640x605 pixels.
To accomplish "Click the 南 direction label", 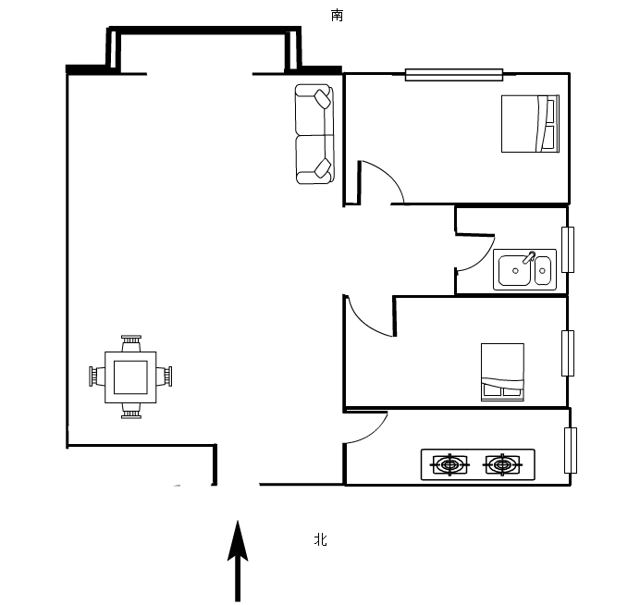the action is (x=337, y=16).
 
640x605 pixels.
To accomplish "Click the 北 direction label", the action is (x=320, y=539).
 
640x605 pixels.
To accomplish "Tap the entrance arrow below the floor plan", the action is (x=238, y=562).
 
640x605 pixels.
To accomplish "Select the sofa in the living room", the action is (x=314, y=134).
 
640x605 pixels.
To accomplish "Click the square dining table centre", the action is (x=130, y=377).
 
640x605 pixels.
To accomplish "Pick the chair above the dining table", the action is (x=131, y=343).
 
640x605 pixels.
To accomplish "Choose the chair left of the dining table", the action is (x=97, y=376).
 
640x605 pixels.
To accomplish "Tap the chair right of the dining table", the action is (x=164, y=376).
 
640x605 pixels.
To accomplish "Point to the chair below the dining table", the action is (x=131, y=411).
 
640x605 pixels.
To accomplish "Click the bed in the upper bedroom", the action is (x=530, y=124).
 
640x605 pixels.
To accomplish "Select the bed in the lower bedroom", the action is (x=502, y=372).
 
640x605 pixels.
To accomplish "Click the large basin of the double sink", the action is (x=515, y=270).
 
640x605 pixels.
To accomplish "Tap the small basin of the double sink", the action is (x=543, y=270).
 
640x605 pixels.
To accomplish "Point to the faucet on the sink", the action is (x=529, y=257).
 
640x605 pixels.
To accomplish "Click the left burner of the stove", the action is (x=449, y=464).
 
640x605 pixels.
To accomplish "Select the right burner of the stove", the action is (x=502, y=464).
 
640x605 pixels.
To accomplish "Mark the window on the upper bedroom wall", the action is (x=454, y=75).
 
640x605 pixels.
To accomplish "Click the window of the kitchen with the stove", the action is (x=571, y=451).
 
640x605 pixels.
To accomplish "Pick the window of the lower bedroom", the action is (x=568, y=353).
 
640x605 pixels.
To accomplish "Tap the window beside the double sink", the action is (x=568, y=250).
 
